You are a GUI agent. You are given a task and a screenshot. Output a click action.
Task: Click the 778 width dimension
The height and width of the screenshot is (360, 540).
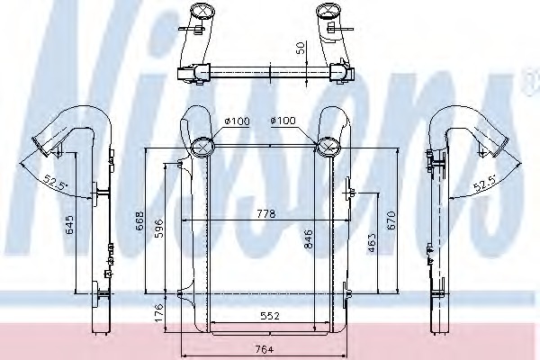(266, 214)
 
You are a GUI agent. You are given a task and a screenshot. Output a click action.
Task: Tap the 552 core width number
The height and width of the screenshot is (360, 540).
(270, 315)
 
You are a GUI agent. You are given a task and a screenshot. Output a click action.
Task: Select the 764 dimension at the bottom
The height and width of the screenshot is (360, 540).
(265, 350)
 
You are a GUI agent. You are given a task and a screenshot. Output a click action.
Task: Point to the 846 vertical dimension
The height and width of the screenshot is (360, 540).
(309, 239)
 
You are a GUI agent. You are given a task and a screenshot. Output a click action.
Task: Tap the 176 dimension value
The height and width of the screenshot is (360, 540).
(158, 313)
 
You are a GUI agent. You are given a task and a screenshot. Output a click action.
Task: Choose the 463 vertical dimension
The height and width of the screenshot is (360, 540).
(372, 243)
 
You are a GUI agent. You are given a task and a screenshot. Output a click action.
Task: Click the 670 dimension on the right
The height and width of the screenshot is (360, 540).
(391, 221)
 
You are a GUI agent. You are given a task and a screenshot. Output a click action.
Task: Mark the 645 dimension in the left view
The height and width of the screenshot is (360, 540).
(69, 225)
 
